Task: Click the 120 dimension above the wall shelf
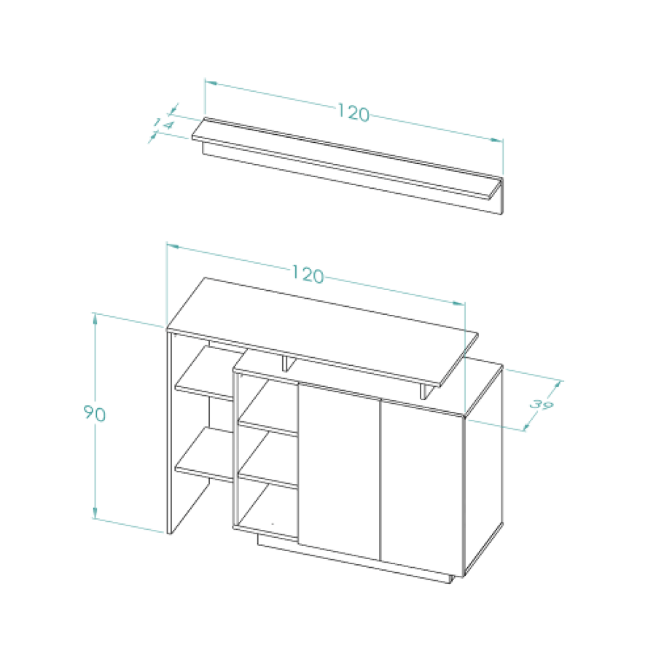coord(354,113)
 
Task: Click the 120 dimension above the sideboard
coord(308,274)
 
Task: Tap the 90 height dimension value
coord(95,413)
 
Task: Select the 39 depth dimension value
coord(542,405)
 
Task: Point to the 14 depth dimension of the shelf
coord(163,124)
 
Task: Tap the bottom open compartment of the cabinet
coord(266,509)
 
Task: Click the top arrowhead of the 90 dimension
coord(95,319)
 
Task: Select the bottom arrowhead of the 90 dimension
coord(95,513)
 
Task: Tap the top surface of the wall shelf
coord(347,156)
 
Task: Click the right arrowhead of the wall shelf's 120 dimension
coord(497,141)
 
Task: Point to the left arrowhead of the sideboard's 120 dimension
coord(173,246)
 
